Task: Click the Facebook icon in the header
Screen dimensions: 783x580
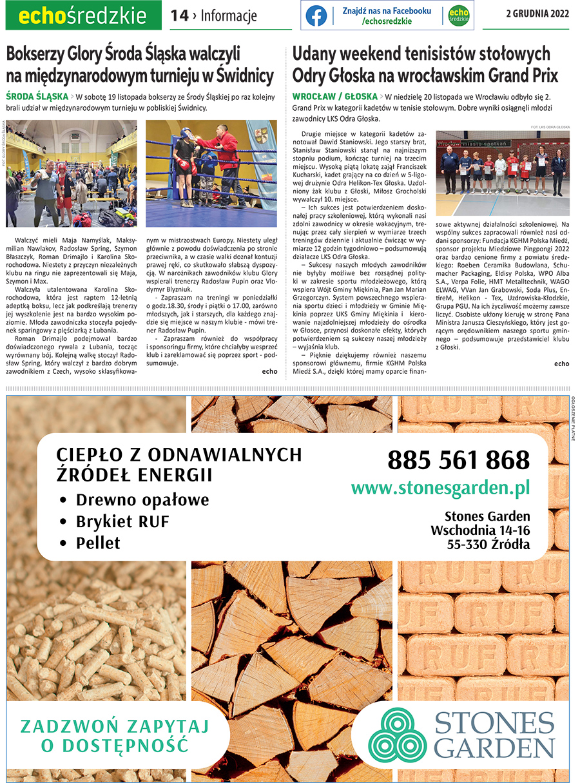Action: point(316,15)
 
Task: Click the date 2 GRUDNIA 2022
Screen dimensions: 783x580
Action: point(537,15)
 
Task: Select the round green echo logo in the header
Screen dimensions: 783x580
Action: point(458,15)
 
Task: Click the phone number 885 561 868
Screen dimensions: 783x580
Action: point(458,460)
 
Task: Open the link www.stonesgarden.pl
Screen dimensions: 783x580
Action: point(440,488)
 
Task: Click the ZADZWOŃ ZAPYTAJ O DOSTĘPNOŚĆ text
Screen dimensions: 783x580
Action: point(115,736)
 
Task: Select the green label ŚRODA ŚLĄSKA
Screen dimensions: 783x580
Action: point(36,97)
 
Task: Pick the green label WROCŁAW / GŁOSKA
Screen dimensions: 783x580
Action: point(334,97)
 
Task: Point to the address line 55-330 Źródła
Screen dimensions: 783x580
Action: point(488,545)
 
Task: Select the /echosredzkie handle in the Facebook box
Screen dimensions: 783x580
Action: point(387,21)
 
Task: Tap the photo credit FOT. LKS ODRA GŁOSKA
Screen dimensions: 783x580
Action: point(550,128)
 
